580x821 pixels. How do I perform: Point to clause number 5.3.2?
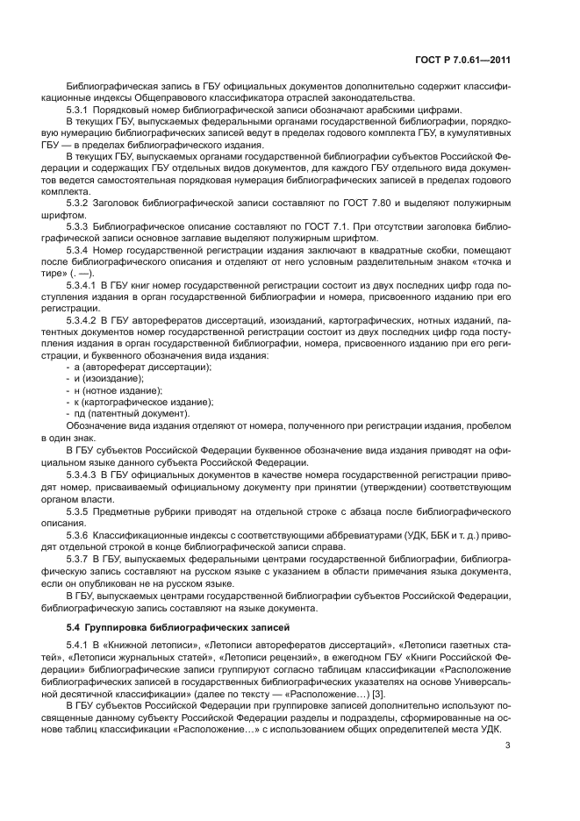(79, 203)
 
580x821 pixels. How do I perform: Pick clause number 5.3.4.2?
(84, 319)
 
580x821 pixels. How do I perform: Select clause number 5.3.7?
(79, 557)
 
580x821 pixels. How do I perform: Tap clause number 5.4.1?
(79, 646)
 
